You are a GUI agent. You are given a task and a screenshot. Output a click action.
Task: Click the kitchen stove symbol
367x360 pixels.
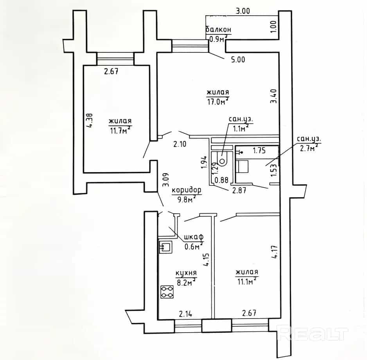coord(167,292)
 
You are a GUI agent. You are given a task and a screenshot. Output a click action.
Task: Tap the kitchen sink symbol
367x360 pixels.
coord(166,247)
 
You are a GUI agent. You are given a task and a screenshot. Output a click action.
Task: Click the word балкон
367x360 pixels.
coord(219,30)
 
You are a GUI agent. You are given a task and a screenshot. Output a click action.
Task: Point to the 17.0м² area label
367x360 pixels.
coord(218,102)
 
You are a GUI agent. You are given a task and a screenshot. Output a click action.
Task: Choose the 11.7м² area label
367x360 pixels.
coord(120,130)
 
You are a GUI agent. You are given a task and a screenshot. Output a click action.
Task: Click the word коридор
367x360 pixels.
coord(187,190)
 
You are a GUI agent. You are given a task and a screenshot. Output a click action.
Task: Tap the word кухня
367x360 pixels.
coord(186,273)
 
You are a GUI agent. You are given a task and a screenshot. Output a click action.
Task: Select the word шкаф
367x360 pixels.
coord(194,237)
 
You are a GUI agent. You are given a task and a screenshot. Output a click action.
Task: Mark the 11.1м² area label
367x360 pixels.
coord(247,282)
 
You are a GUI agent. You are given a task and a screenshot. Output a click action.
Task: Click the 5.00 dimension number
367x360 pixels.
coord(238,59)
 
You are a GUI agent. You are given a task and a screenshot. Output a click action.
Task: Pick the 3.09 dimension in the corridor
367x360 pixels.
coord(166,180)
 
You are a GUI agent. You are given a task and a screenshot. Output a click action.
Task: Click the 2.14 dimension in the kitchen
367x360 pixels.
coord(185,314)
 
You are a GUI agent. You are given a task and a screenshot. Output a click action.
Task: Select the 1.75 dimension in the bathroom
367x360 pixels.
coord(259,151)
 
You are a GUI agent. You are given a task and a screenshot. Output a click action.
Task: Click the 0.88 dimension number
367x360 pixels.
coord(221,180)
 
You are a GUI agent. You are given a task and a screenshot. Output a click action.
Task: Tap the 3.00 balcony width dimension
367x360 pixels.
coord(243,11)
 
